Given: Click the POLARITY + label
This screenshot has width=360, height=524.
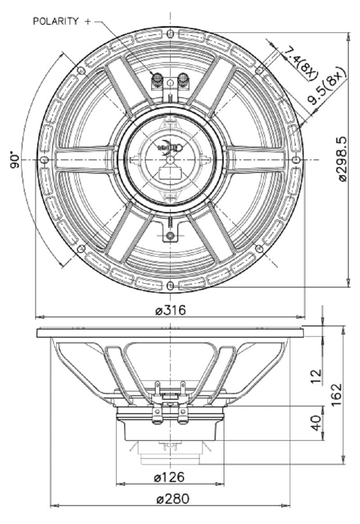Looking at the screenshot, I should pyautogui.click(x=62, y=21).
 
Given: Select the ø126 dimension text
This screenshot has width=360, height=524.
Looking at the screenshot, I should pyautogui.click(x=169, y=477).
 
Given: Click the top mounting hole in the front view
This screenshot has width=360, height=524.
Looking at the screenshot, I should pyautogui.click(x=170, y=34).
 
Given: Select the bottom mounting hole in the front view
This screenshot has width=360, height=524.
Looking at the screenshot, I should pyautogui.click(x=170, y=286).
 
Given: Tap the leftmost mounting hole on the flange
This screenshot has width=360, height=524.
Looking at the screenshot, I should pyautogui.click(x=44, y=160).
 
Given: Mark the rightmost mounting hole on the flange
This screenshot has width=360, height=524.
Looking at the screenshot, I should pyautogui.click(x=296, y=160).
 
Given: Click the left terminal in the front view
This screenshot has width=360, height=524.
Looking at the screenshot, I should pyautogui.click(x=157, y=81).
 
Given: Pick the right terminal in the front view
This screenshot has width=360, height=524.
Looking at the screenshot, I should pyautogui.click(x=183, y=81).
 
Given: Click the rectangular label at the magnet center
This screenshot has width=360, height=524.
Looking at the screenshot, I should pyautogui.click(x=170, y=173).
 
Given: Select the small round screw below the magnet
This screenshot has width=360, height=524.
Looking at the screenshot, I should pyautogui.click(x=170, y=236).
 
